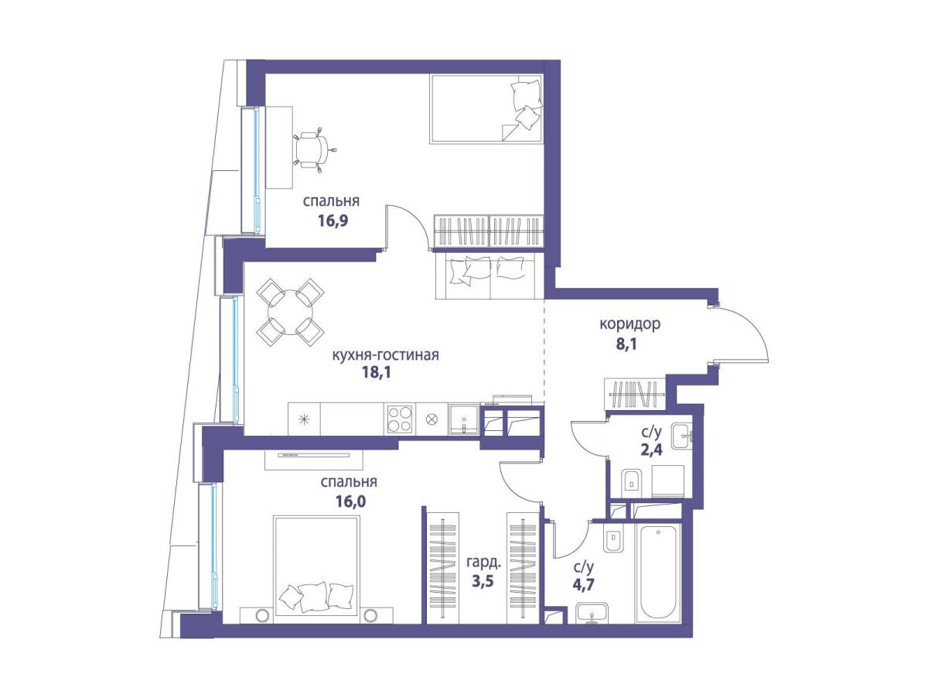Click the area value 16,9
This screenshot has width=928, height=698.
(333, 221)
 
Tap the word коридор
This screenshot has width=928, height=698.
(629, 324)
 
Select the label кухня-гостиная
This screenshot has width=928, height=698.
(385, 355)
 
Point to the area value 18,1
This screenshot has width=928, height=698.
(376, 372)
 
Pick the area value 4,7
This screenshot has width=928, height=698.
(583, 584)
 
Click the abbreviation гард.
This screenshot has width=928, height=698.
(483, 563)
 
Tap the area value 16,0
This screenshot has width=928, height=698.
(350, 501)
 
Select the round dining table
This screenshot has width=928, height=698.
(291, 311)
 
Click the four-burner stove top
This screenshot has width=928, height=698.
(399, 418)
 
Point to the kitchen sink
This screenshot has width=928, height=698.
(463, 419)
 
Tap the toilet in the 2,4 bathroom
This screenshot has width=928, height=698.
(632, 483)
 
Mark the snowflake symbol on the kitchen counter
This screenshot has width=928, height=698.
(304, 419)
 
